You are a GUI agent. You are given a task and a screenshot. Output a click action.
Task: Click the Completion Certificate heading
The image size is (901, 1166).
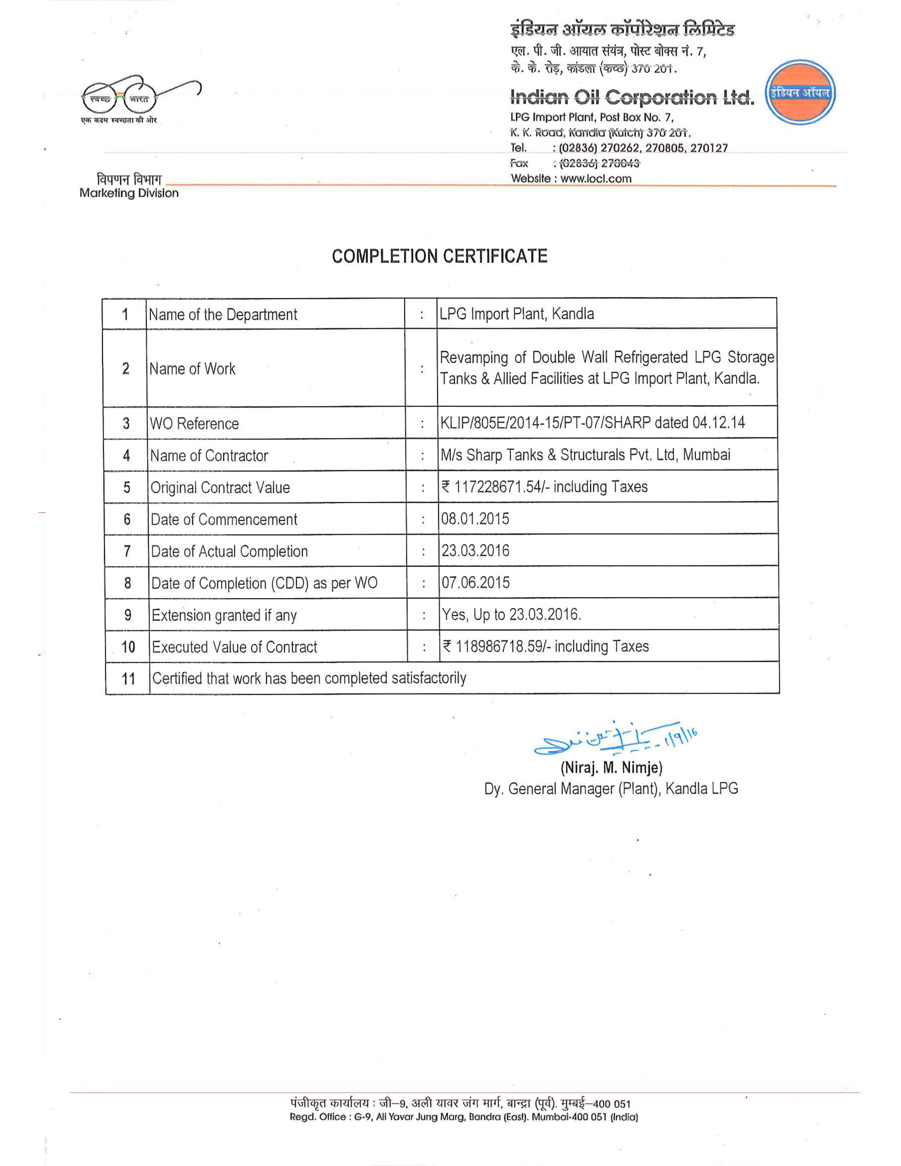[x=439, y=256]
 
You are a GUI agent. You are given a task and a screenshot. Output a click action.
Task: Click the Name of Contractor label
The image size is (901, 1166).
[x=209, y=455]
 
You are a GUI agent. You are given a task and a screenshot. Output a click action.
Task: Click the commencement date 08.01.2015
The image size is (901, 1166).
[x=475, y=519]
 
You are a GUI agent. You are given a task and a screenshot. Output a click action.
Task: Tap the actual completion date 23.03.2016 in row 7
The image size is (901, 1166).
[x=475, y=550]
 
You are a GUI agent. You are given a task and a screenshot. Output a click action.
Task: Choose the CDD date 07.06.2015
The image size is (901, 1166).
[x=475, y=582]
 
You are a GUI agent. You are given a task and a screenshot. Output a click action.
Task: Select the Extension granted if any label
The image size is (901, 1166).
[x=224, y=615]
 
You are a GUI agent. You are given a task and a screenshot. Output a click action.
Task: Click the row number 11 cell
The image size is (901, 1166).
[x=128, y=678]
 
